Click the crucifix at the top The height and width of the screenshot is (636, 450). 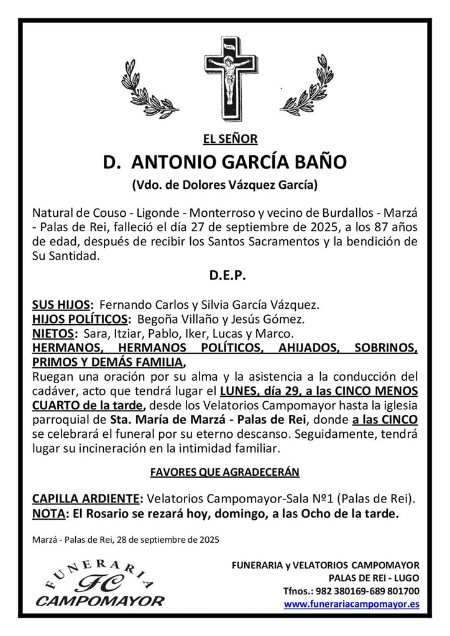230,78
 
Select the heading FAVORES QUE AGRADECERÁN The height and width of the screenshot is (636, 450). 225,473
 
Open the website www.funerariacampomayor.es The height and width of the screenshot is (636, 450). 351,603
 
